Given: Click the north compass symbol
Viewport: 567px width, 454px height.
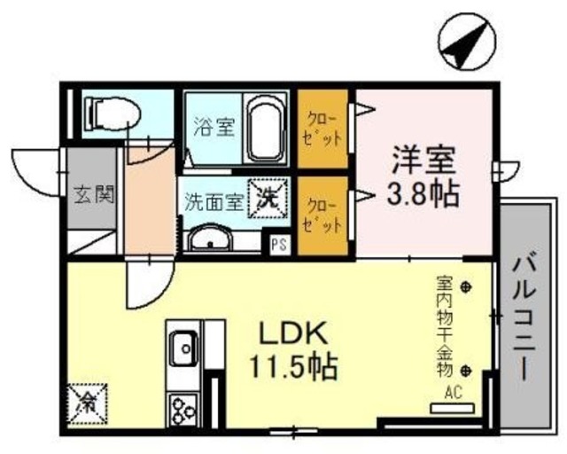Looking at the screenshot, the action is coord(467,43).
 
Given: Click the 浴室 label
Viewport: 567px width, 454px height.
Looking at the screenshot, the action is coord(214,127).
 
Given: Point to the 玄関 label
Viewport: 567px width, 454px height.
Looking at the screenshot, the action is coord(94,194).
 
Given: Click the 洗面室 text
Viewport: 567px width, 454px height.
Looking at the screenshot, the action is coord(214,202).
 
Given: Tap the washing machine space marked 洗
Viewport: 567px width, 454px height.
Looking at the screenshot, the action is coord(268,199).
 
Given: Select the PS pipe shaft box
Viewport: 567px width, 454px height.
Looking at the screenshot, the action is coord(280,245).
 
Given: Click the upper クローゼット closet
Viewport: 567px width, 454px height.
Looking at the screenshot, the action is coord(322,129).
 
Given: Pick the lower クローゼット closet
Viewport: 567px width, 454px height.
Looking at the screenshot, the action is coord(322,215).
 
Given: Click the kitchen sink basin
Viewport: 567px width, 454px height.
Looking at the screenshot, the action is coord(184,349).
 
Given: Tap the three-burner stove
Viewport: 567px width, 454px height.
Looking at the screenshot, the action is coord(183,410).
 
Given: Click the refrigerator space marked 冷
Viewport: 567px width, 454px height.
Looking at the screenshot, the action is coord(87,403).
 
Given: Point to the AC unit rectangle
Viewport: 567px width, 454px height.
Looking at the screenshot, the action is coord(452,408).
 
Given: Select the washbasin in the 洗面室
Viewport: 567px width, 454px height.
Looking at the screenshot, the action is coord(209,239).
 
